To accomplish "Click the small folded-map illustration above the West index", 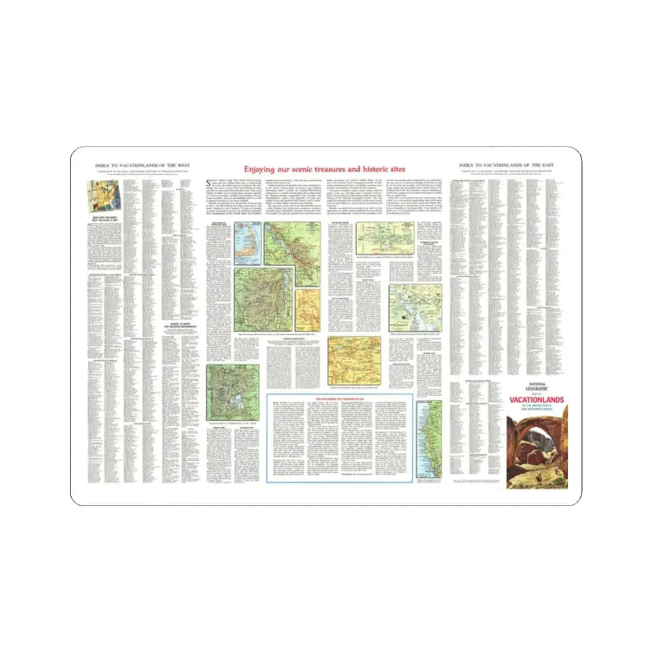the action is coord(103,193).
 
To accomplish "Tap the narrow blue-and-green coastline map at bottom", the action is coord(429,439).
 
